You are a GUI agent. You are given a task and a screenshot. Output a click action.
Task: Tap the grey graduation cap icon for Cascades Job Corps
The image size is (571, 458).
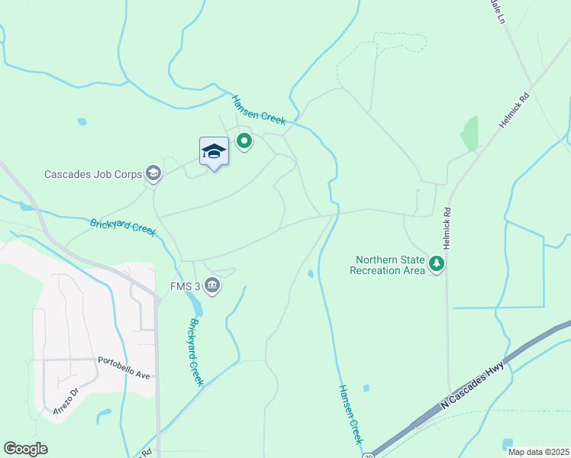coord(153,174)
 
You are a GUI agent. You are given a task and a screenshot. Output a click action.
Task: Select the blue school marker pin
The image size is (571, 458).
coord(214,153)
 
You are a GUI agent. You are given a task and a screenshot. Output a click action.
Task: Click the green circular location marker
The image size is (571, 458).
coord(244,141)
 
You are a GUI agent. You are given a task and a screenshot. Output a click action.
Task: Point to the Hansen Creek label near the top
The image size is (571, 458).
coord(258,109)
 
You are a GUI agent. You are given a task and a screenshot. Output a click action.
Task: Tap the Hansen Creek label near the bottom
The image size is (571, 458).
coord(350,414)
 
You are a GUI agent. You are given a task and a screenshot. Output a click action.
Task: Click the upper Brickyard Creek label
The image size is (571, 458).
coord(123,227)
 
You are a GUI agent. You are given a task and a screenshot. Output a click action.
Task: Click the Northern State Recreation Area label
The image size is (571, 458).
coord(387,265)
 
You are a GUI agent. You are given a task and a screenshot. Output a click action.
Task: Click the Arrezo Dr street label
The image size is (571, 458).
coord(66,402)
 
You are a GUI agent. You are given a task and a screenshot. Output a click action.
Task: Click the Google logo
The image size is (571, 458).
coord(25,449)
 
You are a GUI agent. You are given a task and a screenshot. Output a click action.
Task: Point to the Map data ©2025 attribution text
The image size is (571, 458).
coord(537,451)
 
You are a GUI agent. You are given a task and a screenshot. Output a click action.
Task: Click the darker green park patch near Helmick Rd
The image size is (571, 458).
coord(469,135)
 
